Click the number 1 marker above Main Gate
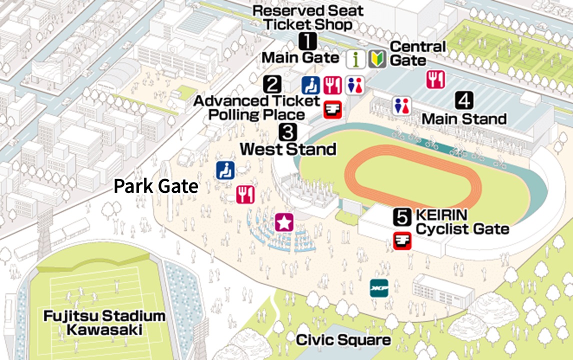(307, 40)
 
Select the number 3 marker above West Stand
(288, 132)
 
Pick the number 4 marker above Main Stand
(464, 101)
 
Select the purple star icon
(284, 222)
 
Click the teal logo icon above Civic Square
(379, 288)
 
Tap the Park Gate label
(156, 186)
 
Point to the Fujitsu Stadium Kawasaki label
(104, 323)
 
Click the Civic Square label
(343, 340)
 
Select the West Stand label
(288, 149)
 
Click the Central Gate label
(417, 54)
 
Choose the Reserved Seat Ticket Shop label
(307, 17)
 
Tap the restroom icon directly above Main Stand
(401, 106)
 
